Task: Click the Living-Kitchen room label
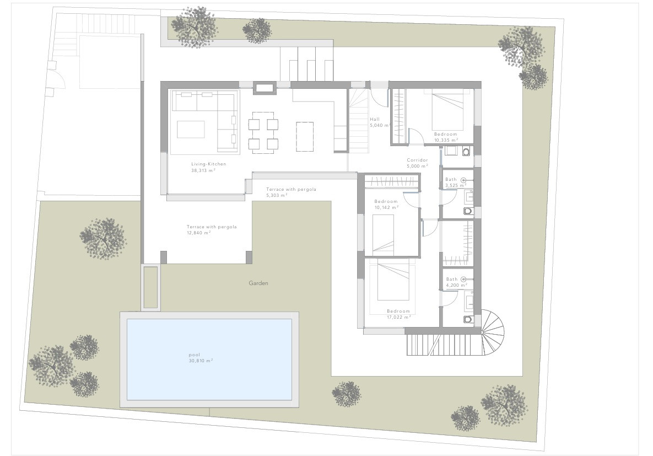point(208,164)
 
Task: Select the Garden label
point(258,283)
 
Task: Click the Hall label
point(375,119)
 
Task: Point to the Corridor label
point(417,160)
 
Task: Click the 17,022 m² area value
point(399,317)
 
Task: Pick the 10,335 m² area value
point(446,141)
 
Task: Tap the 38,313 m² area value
point(203,170)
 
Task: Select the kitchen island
point(305,136)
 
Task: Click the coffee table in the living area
point(191,129)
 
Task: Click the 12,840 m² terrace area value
point(198,233)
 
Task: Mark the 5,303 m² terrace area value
point(277,195)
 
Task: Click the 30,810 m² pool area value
point(201,361)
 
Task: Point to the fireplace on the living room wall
point(264,87)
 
